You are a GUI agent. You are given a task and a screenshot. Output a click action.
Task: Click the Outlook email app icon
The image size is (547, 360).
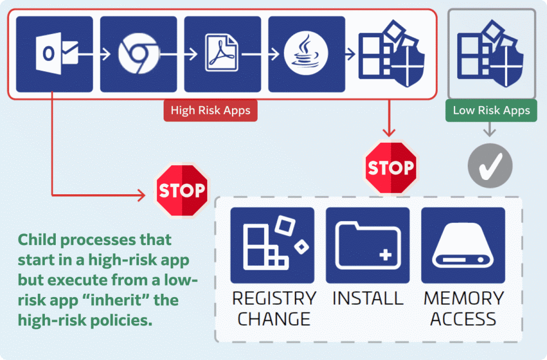point(54,54)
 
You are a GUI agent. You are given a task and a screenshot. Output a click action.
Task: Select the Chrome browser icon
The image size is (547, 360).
point(138,54)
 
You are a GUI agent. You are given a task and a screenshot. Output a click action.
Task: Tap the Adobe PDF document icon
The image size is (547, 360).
point(223,54)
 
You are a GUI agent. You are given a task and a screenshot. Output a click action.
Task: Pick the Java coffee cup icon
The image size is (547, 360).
point(306,54)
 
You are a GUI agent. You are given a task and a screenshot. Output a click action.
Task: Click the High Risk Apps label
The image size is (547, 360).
point(210,111)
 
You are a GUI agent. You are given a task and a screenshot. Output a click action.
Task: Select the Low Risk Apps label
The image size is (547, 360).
point(491,111)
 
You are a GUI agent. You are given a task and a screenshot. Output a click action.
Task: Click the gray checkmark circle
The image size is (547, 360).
point(490,166)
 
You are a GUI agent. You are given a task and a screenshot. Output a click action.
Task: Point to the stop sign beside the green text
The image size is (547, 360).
point(182,190)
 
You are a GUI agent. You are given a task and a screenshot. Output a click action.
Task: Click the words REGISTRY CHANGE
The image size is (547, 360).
point(273,308)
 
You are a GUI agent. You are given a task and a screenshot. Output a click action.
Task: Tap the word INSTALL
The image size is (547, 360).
point(368,299)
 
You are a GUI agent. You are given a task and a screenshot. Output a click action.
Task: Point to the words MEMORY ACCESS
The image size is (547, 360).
point(463,308)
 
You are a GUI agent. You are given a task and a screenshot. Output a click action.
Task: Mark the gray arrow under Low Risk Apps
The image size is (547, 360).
point(490,130)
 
